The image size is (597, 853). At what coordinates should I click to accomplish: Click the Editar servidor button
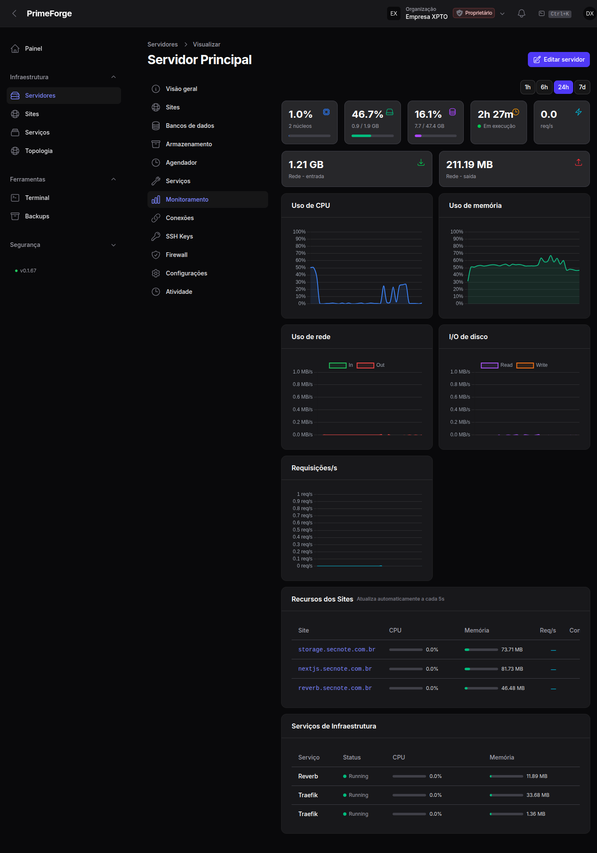point(558,60)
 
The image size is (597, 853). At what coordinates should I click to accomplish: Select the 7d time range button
point(582,87)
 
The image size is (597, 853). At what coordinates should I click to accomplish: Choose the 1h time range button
point(527,87)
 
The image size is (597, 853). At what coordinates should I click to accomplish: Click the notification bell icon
point(521,13)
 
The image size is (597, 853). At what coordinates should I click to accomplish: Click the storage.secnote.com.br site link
point(337,650)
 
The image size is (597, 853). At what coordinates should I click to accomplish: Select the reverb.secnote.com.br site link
point(335,688)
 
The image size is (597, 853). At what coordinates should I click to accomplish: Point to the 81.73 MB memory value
point(512,669)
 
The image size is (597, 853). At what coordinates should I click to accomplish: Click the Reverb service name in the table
point(308,776)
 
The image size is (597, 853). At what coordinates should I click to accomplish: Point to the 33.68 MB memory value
point(538,795)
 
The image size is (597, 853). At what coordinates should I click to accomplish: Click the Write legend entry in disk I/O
point(532,365)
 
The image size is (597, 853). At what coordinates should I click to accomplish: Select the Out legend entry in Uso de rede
point(371,365)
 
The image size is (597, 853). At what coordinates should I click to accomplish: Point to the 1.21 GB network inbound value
point(306,165)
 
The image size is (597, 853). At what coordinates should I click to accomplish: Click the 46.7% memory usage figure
point(367,114)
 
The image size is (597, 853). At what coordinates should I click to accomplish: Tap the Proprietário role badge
point(474,13)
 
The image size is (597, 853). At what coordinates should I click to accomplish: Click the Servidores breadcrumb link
point(163,44)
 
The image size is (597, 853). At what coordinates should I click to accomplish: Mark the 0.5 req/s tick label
point(302,530)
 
